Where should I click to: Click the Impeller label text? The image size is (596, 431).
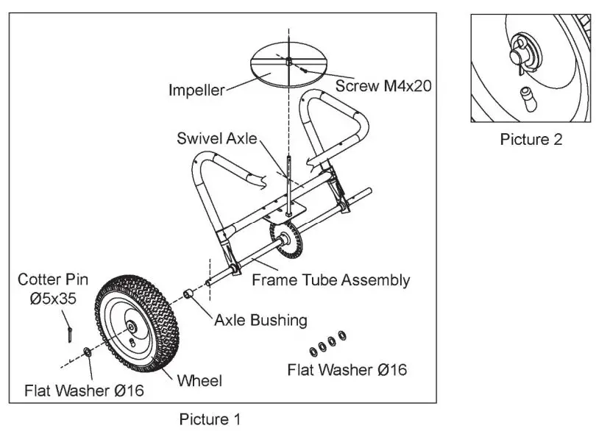pyautogui.click(x=196, y=91)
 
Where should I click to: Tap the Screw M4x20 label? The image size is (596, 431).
pyautogui.click(x=383, y=85)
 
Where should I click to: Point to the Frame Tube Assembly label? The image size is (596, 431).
pyautogui.click(x=330, y=279)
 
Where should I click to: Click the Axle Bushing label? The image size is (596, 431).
pyautogui.click(x=260, y=320)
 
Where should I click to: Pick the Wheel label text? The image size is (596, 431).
pyautogui.click(x=199, y=380)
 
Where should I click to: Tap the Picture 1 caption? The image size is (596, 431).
pyautogui.click(x=210, y=419)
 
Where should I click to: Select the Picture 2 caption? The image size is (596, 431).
pyautogui.click(x=531, y=139)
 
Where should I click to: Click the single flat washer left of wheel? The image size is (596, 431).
pyautogui.click(x=88, y=353)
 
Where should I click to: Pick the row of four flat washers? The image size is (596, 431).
pyautogui.click(x=327, y=341)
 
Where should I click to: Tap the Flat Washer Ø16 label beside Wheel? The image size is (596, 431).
pyautogui.click(x=85, y=389)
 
